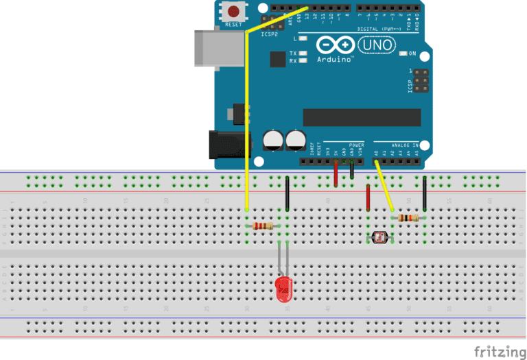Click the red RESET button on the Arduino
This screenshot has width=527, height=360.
(235, 12)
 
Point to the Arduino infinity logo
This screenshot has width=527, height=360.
(336, 46)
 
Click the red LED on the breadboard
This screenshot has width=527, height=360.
(283, 289)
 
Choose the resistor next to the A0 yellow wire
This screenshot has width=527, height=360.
(408, 218)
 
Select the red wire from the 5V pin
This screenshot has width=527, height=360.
(336, 173)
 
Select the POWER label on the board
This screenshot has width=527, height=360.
(356, 145)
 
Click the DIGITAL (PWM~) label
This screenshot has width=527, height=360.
(382, 29)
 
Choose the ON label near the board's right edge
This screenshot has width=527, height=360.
(412, 53)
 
